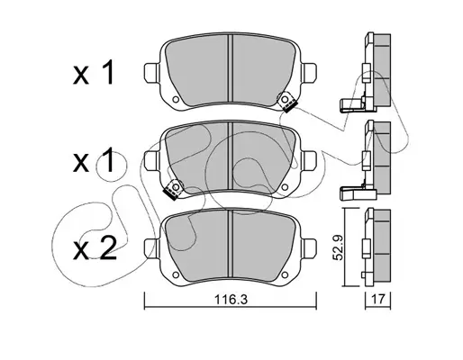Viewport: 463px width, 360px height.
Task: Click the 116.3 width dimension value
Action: coord(231,299)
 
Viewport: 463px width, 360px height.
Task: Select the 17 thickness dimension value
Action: coord(377,299)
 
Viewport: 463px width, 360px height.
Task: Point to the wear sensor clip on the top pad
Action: coord(287,102)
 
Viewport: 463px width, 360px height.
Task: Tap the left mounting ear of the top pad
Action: coord(151,73)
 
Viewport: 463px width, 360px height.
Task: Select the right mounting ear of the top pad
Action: coord(309,73)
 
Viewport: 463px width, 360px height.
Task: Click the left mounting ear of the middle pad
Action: coord(151,161)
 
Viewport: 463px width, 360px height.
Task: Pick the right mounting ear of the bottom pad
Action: coord(309,248)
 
